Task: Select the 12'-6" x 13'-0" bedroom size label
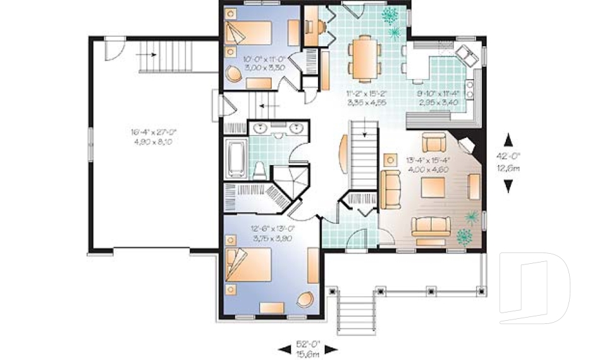266,228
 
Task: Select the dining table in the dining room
363,59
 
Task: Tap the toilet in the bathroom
259,168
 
